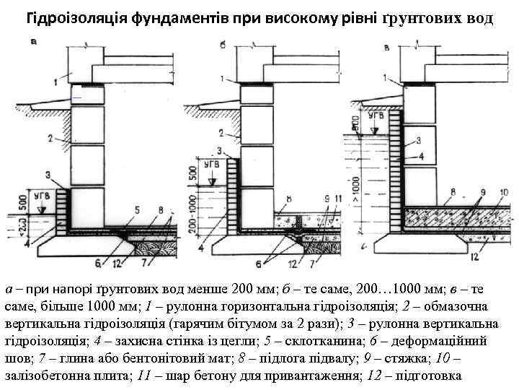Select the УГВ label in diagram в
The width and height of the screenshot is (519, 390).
click(376, 115)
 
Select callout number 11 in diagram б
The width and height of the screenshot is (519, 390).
click(338, 198)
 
